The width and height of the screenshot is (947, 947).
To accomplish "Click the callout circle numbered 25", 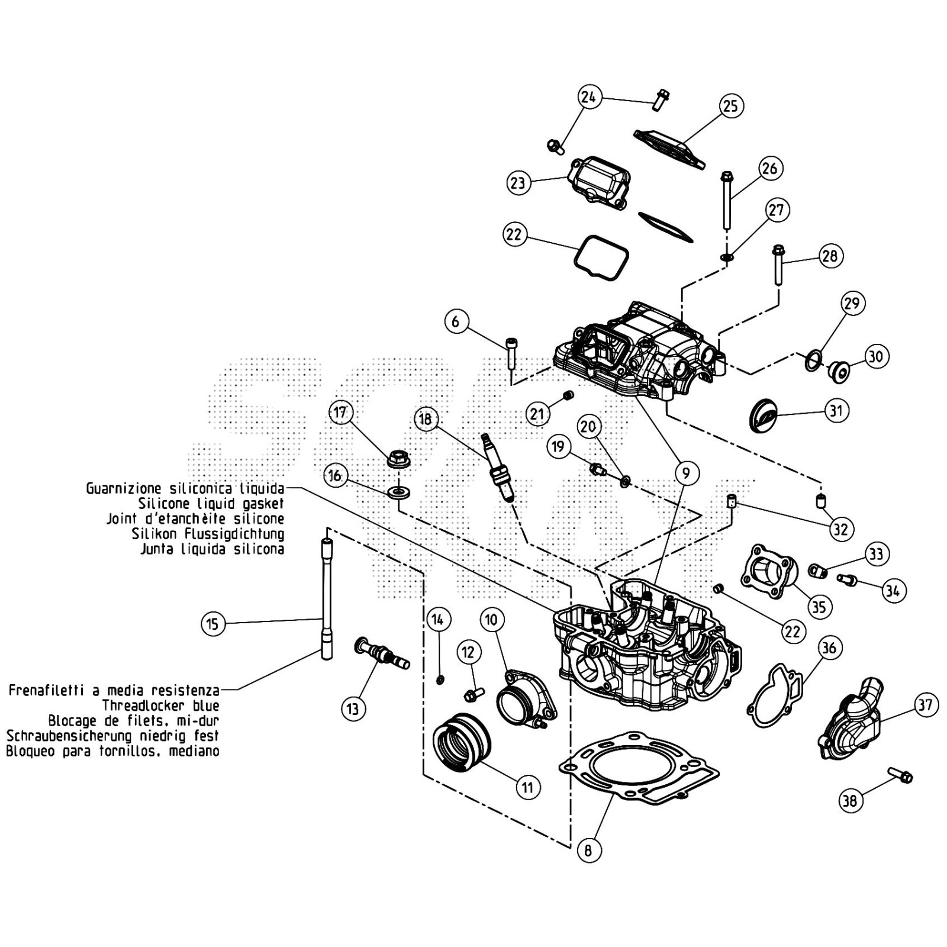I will point(731,106).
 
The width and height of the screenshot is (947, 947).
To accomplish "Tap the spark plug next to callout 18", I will point(498,468).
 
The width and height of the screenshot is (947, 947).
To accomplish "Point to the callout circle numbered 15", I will point(213,624).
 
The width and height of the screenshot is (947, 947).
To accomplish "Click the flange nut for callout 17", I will point(399,459).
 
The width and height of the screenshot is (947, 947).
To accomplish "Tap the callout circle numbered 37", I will point(925,704).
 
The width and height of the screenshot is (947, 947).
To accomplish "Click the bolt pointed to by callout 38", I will point(900,775).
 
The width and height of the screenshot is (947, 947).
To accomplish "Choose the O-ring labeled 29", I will point(813,359).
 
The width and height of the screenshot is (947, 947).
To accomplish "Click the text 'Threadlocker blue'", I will point(160,706).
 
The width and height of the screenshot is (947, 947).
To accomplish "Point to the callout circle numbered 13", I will point(353,708).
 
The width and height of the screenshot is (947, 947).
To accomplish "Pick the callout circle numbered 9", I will point(687,474).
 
